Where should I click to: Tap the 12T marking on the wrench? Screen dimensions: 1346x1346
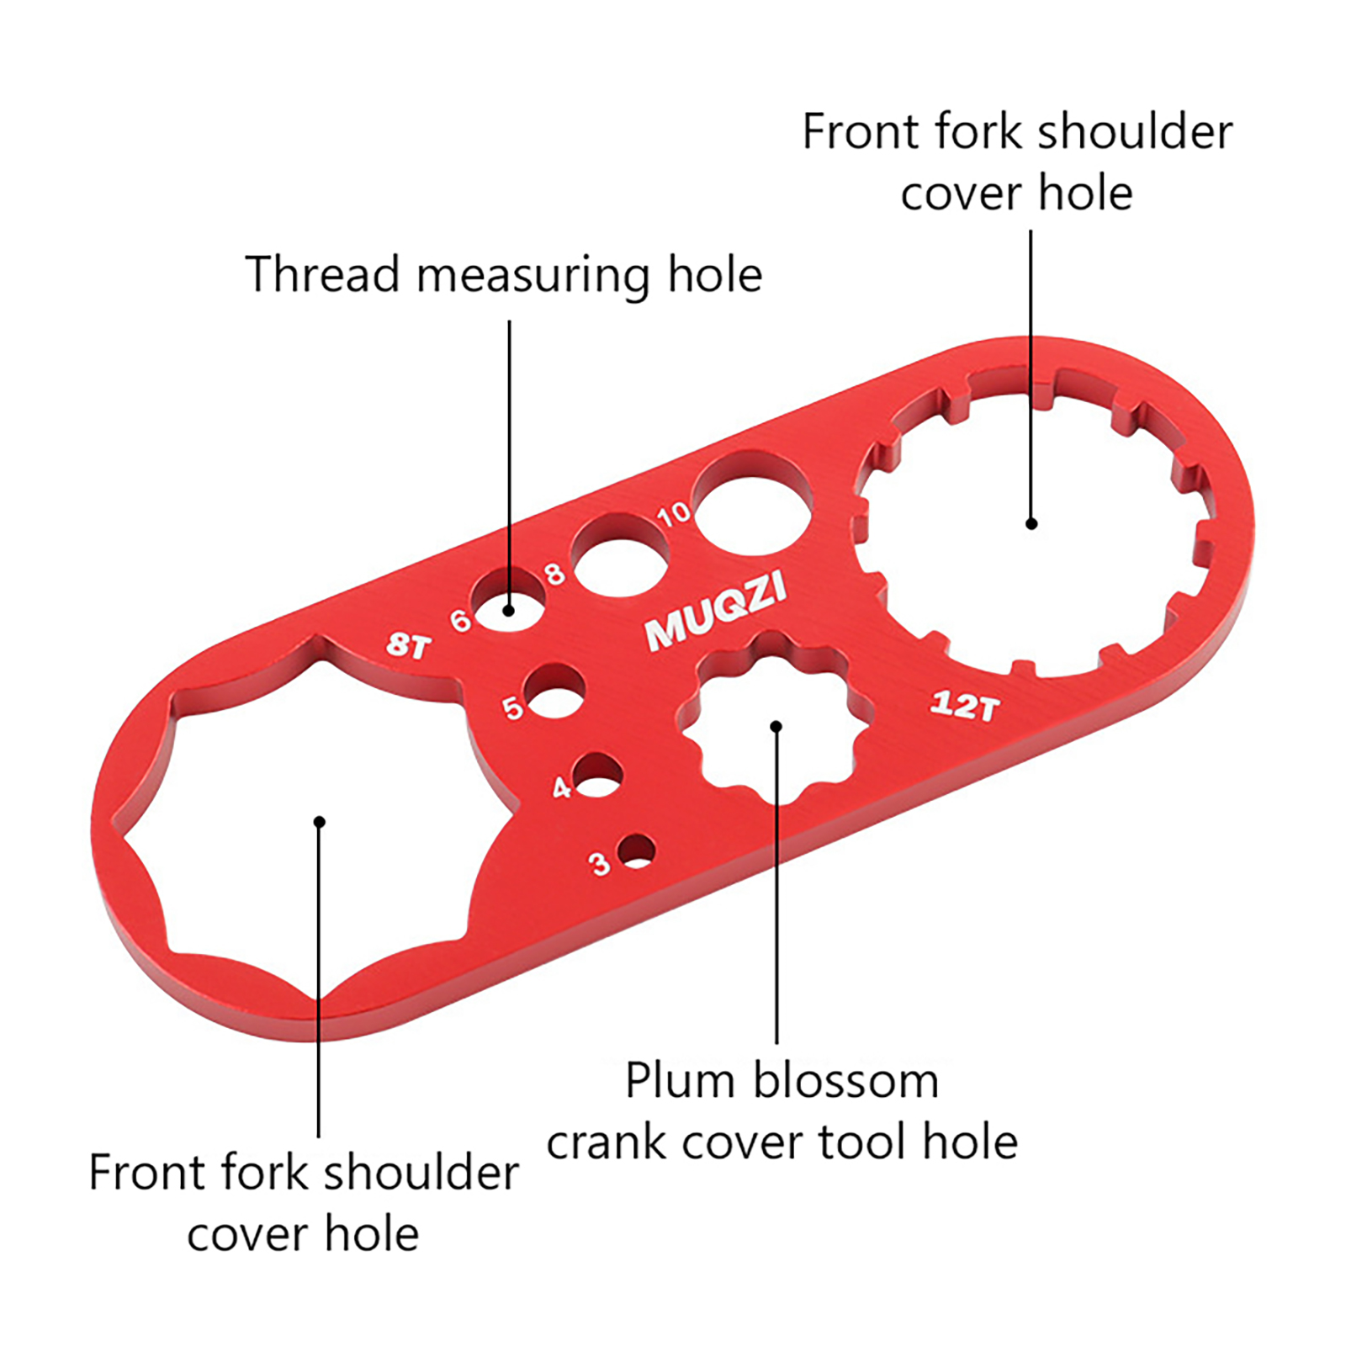pyautogui.click(x=966, y=705)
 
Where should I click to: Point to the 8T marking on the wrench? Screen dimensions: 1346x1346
pyautogui.click(x=408, y=645)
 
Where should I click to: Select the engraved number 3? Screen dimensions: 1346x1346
pyautogui.click(x=599, y=863)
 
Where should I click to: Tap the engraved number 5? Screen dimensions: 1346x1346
pyautogui.click(x=512, y=707)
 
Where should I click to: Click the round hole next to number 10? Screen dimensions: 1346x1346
pyautogui.click(x=751, y=505)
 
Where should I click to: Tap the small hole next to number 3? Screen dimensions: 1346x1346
pyautogui.click(x=637, y=851)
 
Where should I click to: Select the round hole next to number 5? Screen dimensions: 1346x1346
pyautogui.click(x=554, y=692)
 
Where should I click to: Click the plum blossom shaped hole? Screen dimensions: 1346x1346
pyautogui.click(x=776, y=715)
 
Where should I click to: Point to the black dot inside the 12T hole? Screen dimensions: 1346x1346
pyautogui.click(x=1031, y=523)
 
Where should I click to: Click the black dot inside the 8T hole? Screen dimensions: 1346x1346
pyautogui.click(x=319, y=822)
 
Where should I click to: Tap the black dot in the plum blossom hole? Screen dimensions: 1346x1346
pyautogui.click(x=776, y=726)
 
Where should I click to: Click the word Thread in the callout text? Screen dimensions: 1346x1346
pyautogui.click(x=322, y=275)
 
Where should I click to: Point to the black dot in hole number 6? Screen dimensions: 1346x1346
pyautogui.click(x=508, y=611)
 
